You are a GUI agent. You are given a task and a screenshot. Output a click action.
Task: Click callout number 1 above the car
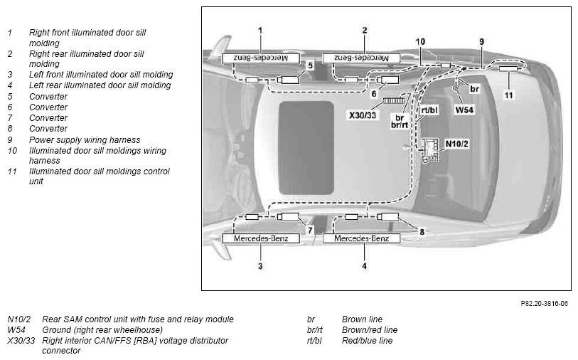(260, 31)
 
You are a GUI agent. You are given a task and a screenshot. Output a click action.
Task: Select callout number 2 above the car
(364, 31)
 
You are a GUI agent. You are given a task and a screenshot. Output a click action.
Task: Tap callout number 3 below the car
(260, 266)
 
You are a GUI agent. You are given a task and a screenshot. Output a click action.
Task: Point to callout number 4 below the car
(364, 266)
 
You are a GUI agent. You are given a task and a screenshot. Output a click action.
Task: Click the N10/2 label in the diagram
(456, 144)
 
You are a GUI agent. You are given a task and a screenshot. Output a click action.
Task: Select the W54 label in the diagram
(464, 110)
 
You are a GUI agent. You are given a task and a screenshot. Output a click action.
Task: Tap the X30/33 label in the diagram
(363, 115)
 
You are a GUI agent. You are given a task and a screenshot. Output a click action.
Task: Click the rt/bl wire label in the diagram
(429, 110)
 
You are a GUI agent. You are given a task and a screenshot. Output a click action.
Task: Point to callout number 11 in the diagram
(509, 95)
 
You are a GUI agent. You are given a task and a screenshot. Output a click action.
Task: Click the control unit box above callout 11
(509, 68)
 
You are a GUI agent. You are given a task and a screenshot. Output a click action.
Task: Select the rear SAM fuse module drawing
(430, 149)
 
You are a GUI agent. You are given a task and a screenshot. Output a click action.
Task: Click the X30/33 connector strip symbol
(394, 100)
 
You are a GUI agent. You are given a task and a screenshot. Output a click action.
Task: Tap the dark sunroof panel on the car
(306, 148)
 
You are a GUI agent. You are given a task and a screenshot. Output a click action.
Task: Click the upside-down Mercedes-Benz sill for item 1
(261, 58)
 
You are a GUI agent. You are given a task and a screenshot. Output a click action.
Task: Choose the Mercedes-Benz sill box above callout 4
(361, 238)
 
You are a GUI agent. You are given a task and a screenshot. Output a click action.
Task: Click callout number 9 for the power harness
(481, 42)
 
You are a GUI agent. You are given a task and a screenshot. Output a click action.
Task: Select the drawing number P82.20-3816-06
(544, 304)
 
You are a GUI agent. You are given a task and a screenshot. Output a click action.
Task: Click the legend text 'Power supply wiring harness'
(85, 140)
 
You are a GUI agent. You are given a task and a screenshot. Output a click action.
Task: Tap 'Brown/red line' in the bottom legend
(370, 329)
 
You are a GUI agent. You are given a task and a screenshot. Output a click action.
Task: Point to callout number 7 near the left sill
(310, 231)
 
